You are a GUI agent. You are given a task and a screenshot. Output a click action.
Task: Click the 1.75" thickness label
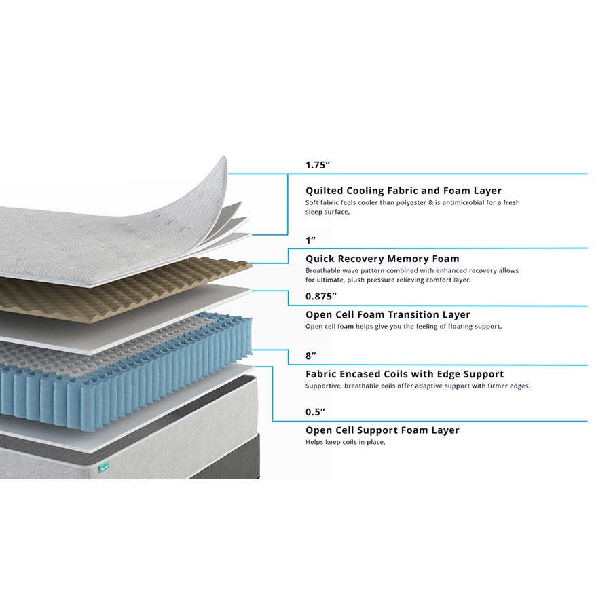318,165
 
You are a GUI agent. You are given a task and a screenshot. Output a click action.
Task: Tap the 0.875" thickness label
321,296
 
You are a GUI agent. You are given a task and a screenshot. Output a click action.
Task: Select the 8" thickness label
310,356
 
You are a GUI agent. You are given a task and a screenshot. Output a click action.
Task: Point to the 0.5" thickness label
315,412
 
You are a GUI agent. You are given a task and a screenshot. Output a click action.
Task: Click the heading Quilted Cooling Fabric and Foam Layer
403,191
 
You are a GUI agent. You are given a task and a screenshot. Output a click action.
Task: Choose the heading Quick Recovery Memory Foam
382,259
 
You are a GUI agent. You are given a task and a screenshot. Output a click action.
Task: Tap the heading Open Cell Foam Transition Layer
388,314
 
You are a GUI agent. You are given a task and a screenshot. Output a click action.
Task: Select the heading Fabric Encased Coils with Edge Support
405,374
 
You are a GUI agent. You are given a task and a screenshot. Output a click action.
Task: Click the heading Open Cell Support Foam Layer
382,430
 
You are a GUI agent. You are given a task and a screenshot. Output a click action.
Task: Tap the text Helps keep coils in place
346,442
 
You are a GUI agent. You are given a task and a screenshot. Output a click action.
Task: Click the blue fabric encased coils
125,374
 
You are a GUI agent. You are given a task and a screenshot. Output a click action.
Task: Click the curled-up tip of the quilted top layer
223,160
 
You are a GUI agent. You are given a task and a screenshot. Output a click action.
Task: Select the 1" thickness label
310,240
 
